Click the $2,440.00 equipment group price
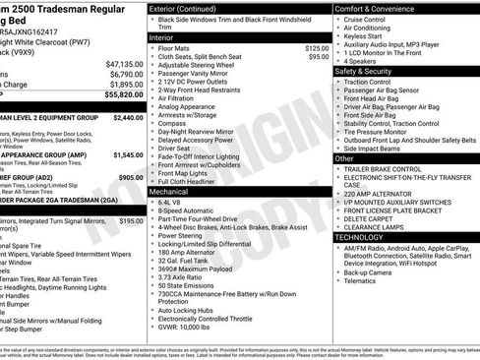tap(128, 117)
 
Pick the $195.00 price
tap(131, 221)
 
